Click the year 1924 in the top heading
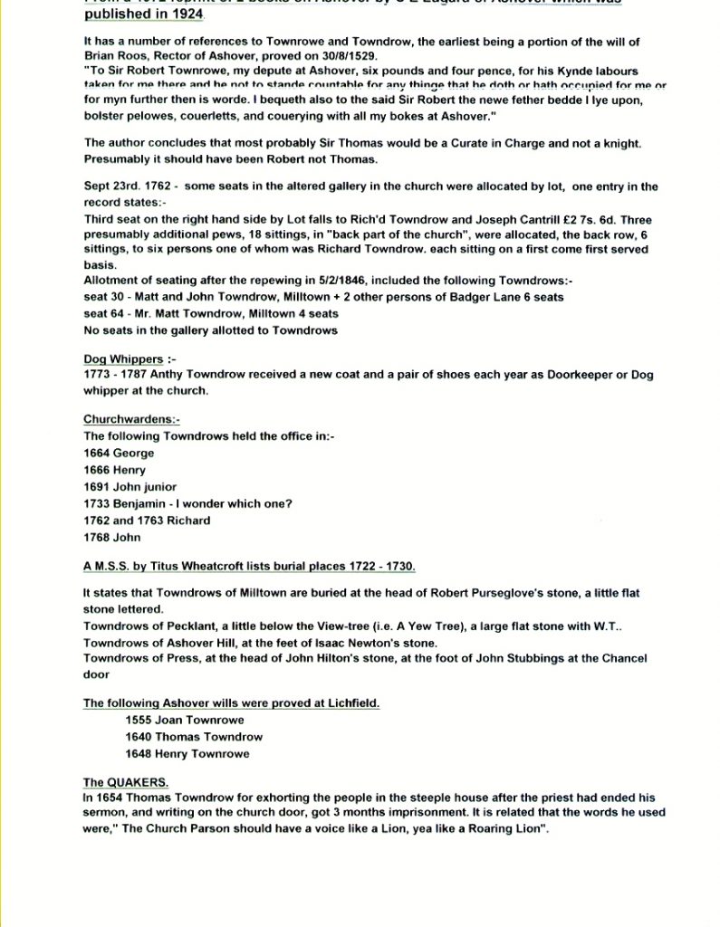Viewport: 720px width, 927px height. pos(187,14)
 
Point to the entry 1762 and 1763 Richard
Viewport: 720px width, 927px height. pos(147,521)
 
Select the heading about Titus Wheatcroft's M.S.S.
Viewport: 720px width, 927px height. pos(249,567)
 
